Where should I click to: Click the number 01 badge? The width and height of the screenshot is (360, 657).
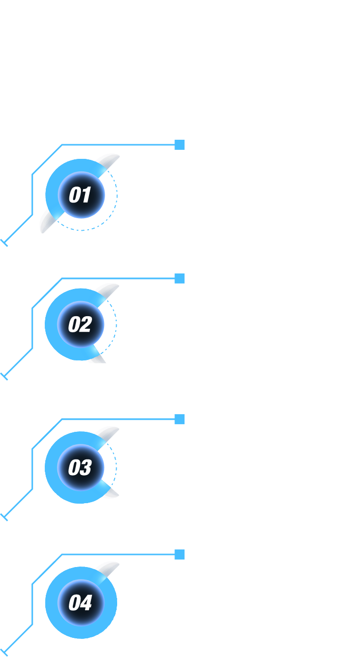pyautogui.click(x=81, y=195)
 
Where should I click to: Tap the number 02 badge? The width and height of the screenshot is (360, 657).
pyautogui.click(x=80, y=324)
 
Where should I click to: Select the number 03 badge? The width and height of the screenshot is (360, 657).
pyautogui.click(x=80, y=467)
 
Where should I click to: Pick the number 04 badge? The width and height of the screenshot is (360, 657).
pyautogui.click(x=81, y=603)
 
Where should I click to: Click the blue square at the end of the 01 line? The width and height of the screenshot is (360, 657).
pyautogui.click(x=179, y=145)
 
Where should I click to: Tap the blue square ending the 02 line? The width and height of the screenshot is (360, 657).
pyautogui.click(x=179, y=278)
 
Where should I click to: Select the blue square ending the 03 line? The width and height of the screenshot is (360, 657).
pyautogui.click(x=179, y=419)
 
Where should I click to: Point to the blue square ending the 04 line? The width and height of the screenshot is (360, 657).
pyautogui.click(x=179, y=554)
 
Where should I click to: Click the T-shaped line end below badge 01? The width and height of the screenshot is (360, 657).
pyautogui.click(x=4, y=243)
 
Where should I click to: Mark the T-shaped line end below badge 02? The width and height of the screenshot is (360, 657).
pyautogui.click(x=4, y=377)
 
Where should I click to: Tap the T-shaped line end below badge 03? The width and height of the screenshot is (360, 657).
pyautogui.click(x=4, y=517)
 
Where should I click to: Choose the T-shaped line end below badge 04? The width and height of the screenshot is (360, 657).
pyautogui.click(x=4, y=653)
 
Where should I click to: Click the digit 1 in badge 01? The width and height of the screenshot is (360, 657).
pyautogui.click(x=86, y=194)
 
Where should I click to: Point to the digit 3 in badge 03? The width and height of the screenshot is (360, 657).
pyautogui.click(x=86, y=467)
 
